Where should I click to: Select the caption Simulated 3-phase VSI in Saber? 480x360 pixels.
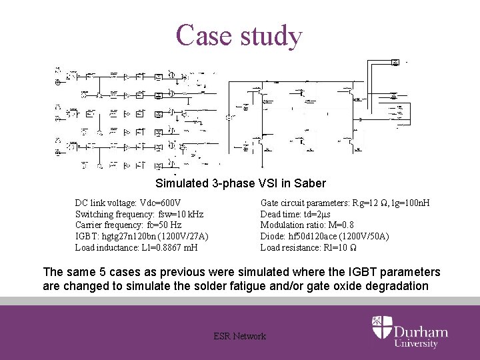point(240,183)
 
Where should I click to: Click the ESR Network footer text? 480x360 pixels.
point(239,336)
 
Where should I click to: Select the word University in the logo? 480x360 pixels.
point(416,344)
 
